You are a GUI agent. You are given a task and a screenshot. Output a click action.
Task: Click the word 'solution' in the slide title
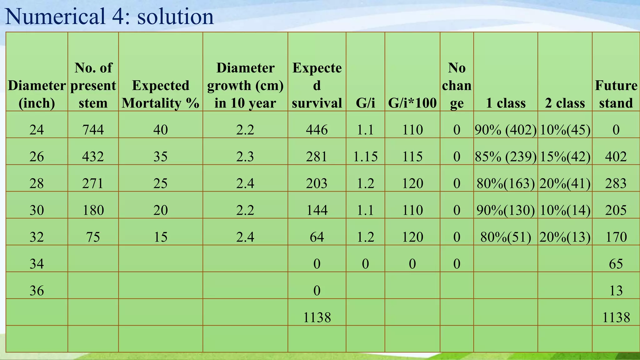click(175, 17)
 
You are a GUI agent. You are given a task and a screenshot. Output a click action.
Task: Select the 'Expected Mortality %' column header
click(161, 94)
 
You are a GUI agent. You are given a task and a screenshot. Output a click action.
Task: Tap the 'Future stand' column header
click(616, 94)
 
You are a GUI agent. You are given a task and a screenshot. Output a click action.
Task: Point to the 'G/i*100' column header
click(412, 103)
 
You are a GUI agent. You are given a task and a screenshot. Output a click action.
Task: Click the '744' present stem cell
click(93, 130)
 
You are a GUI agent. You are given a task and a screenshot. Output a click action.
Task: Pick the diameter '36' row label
click(37, 291)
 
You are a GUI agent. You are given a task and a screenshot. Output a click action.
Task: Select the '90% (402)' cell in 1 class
click(506, 130)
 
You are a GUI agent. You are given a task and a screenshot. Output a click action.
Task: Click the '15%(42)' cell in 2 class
click(565, 157)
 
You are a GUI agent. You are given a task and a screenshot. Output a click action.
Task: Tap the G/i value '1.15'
click(365, 157)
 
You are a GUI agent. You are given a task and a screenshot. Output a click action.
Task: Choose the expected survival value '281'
click(317, 157)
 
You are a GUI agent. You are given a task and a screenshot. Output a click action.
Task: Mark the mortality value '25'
click(161, 183)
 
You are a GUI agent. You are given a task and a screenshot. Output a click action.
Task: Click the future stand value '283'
click(616, 183)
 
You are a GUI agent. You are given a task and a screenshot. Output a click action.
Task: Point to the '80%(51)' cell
click(506, 237)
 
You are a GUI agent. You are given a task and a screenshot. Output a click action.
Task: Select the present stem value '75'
click(93, 237)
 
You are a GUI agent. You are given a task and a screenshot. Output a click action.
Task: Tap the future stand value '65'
click(616, 264)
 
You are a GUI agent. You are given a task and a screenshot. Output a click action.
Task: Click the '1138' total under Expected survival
click(317, 317)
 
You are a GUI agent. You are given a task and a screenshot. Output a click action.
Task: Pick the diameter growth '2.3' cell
click(245, 157)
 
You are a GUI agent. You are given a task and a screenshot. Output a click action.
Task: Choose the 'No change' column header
click(457, 85)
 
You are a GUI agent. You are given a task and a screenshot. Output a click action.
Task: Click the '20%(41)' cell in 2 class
click(565, 183)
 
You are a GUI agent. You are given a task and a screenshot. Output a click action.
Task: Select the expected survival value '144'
click(317, 210)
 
